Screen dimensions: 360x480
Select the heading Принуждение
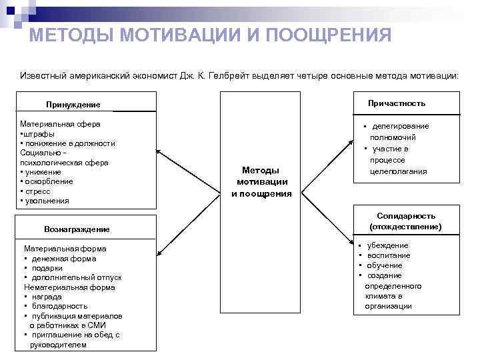[73, 105]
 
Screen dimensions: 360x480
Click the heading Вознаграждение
[77, 229]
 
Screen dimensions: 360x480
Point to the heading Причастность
[397, 103]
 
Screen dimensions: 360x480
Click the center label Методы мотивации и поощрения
[262, 182]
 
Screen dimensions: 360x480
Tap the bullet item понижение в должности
[70, 143]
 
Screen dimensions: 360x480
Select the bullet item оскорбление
[49, 181]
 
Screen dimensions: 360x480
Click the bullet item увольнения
[47, 201]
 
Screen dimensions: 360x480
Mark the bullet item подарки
[47, 268]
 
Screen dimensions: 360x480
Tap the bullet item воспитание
[389, 256]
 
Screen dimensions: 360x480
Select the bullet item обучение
[385, 266]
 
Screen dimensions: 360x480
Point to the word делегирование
[400, 126]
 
